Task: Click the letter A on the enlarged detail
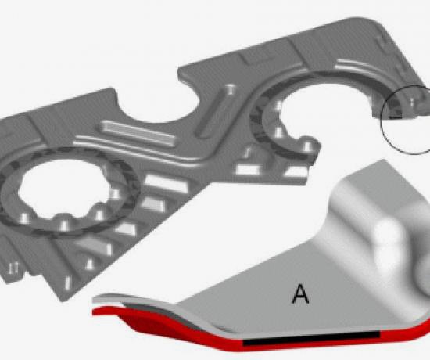tap(300, 294)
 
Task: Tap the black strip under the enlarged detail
tap(311, 339)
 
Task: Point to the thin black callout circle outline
tap(382, 121)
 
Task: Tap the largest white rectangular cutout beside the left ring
tap(166, 183)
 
